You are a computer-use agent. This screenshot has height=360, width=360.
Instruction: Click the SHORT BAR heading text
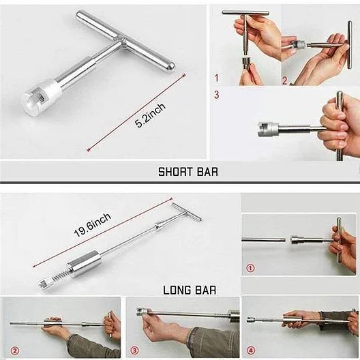pyautogui.click(x=188, y=172)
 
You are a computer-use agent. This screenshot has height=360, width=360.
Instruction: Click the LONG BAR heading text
pyautogui.click(x=190, y=290)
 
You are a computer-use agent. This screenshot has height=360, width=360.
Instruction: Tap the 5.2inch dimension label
pyautogui.click(x=150, y=115)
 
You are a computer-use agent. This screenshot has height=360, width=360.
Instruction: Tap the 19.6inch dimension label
pyautogui.click(x=93, y=225)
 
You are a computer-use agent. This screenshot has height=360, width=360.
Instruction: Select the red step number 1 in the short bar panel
pyautogui.click(x=216, y=78)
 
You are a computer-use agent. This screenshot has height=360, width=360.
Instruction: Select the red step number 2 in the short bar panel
pyautogui.click(x=285, y=80)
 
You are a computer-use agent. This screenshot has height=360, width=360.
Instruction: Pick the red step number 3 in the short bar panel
pyautogui.click(x=217, y=95)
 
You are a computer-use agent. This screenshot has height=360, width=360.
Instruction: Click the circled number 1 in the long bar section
pyautogui.click(x=250, y=268)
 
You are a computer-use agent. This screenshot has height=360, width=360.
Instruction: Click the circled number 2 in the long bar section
pyautogui.click(x=15, y=351)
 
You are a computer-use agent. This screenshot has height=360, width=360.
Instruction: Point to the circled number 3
pyautogui.click(x=134, y=351)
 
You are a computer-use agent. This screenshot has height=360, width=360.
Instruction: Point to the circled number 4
pyautogui.click(x=251, y=351)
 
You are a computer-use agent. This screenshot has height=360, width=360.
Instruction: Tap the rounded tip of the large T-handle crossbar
pyautogui.click(x=170, y=68)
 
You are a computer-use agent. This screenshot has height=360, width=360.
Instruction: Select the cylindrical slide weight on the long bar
pyautogui.click(x=85, y=263)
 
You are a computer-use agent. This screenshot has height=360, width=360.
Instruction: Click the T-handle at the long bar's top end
pyautogui.click(x=187, y=211)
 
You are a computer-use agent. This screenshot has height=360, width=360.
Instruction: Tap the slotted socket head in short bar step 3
pyautogui.click(x=268, y=130)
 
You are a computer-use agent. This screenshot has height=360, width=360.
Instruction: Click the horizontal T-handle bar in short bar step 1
pyautogui.click(x=245, y=13)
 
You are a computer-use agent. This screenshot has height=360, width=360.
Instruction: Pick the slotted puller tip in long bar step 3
pyautogui.click(x=142, y=312)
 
